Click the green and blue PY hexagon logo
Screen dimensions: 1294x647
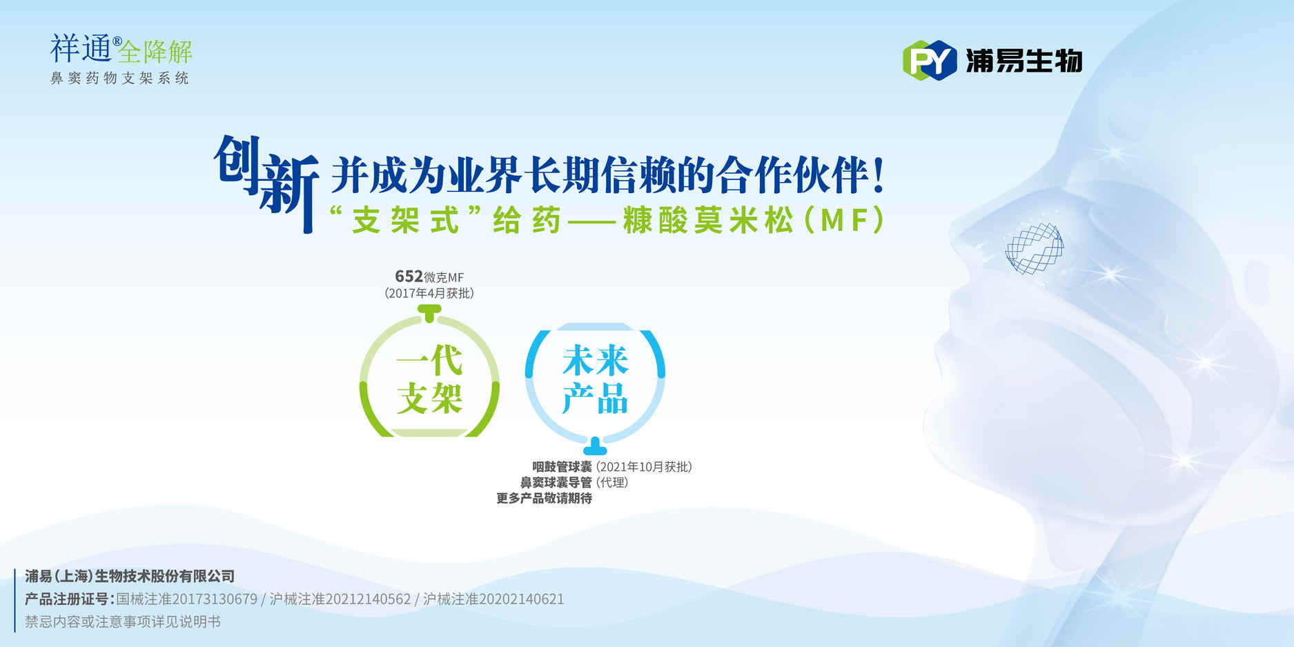pos(930,61)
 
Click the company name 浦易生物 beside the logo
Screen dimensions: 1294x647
pos(1023,61)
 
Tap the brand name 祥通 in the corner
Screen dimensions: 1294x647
pos(81,48)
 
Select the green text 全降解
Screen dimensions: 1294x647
pos(155,52)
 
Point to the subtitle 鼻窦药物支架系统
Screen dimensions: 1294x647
pos(119,78)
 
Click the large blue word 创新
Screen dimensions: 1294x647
pos(266,182)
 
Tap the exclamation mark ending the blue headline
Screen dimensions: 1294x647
pos(878,175)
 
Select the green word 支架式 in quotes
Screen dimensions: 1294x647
pos(405,221)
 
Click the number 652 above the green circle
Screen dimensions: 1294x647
pos(409,277)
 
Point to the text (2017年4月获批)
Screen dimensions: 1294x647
pos(429,293)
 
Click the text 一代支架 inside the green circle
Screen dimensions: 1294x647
pos(429,379)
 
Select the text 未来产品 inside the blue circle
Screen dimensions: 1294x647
pos(595,379)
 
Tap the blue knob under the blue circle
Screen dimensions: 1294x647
pos(595,446)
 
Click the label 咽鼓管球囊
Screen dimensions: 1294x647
pos(562,467)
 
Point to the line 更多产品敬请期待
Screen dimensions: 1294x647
pos(544,498)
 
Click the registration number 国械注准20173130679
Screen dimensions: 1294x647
pos(186,599)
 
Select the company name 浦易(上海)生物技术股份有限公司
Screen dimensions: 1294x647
pos(130,576)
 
